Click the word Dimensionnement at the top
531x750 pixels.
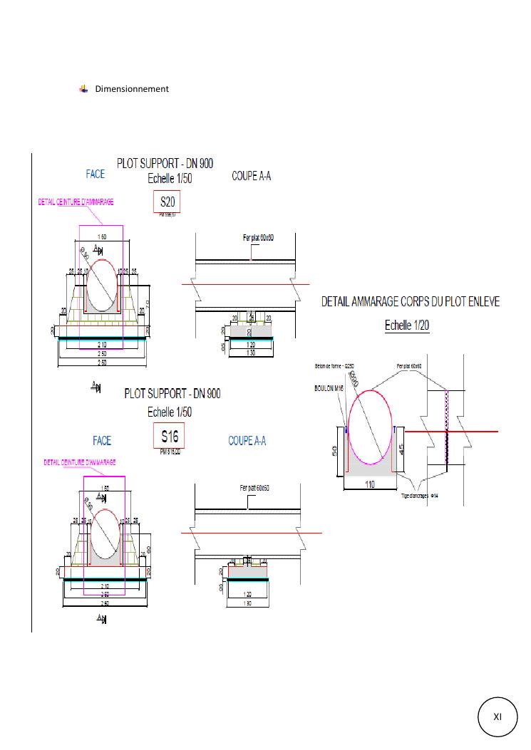[132, 89]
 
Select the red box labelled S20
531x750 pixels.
[167, 203]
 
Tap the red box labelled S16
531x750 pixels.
[169, 437]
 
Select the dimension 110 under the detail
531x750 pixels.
[370, 484]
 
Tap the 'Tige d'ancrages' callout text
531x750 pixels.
[423, 494]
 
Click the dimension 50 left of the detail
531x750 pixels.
[334, 450]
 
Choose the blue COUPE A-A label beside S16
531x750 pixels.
[247, 441]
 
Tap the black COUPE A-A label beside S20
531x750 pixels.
[252, 176]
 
